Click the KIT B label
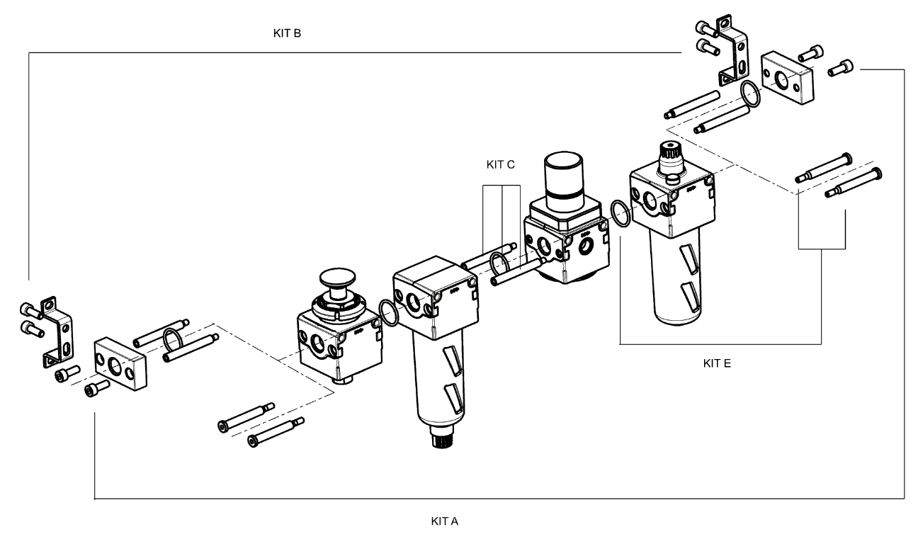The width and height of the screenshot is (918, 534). [x=287, y=33]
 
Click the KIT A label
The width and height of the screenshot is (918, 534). [x=445, y=521]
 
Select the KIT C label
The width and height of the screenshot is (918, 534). [x=500, y=164]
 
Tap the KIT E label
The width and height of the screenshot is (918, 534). [x=717, y=363]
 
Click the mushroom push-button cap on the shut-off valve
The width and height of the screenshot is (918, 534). [x=337, y=278]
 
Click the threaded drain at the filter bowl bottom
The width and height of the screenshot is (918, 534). [x=442, y=437]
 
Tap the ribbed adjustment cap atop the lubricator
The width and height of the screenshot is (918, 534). [x=671, y=158]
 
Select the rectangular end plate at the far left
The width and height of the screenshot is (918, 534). [x=120, y=363]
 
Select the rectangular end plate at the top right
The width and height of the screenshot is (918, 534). [x=787, y=78]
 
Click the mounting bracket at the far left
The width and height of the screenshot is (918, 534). [x=58, y=332]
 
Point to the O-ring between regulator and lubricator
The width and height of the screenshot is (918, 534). [x=620, y=212]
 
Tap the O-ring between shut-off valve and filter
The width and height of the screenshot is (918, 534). [x=389, y=313]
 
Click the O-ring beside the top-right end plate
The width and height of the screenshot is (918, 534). [x=750, y=94]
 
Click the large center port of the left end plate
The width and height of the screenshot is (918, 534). [x=115, y=366]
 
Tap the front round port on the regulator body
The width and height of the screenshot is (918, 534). [x=544, y=246]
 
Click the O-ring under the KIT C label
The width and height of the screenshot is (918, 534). [x=499, y=264]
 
